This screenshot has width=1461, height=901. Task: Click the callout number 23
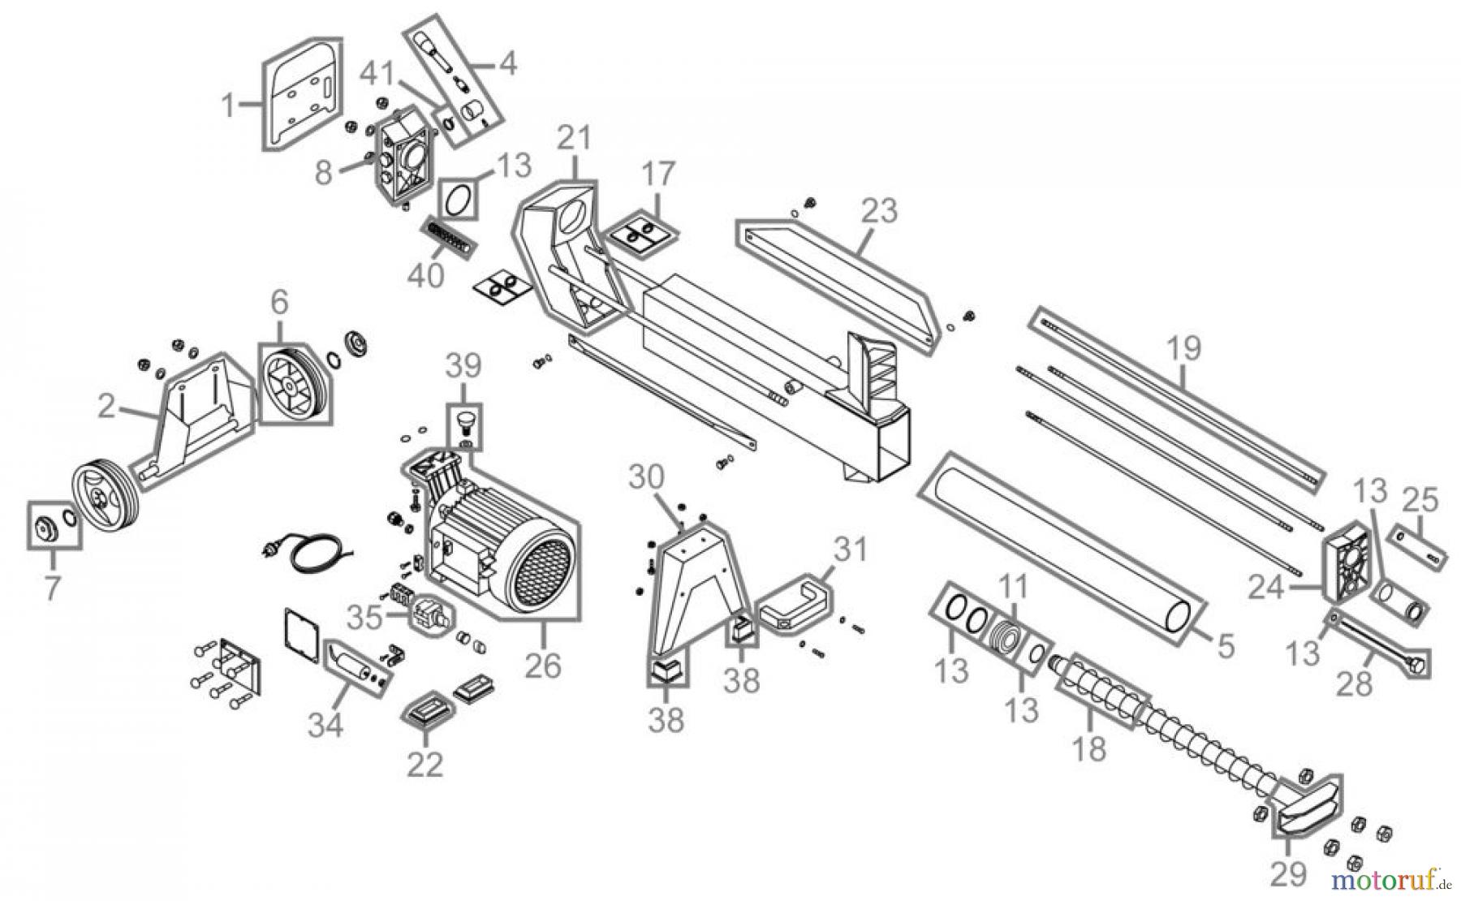pos(880,211)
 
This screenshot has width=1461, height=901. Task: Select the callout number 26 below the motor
pos(543,665)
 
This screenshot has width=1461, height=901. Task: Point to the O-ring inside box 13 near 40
pos(459,200)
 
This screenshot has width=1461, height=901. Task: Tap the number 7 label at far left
pos(52,588)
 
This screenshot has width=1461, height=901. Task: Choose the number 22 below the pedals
pos(426,764)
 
